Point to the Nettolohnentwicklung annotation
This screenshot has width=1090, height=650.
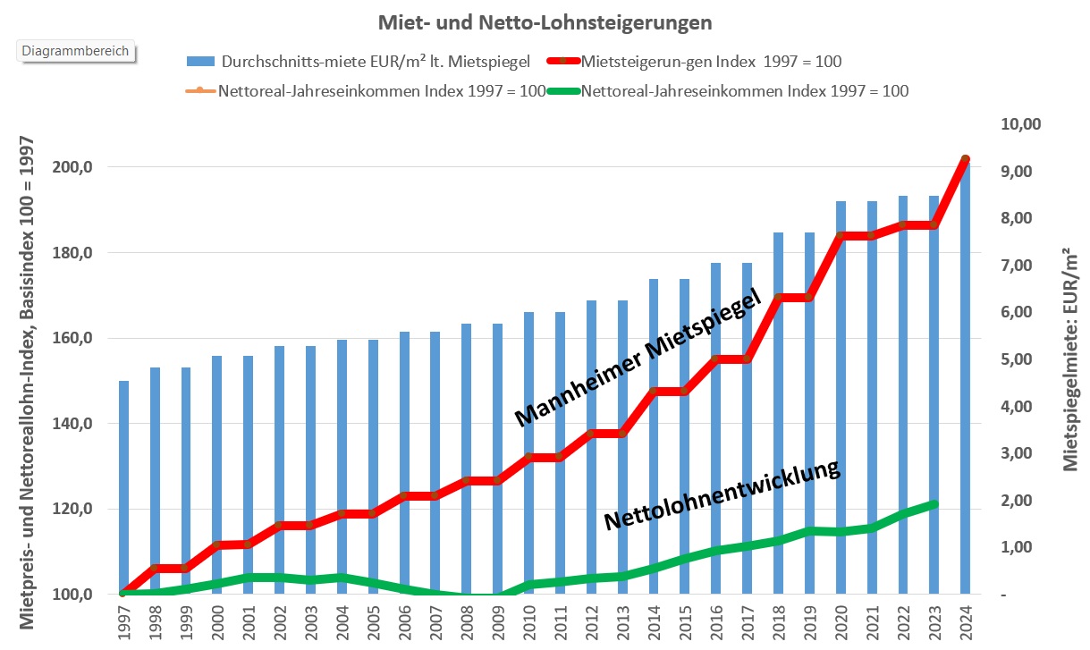[722, 495]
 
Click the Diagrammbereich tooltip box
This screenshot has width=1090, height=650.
[75, 51]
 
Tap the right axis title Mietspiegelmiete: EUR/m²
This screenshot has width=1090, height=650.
[1069, 359]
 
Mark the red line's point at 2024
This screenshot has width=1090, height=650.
[965, 159]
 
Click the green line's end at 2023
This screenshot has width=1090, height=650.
[934, 504]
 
